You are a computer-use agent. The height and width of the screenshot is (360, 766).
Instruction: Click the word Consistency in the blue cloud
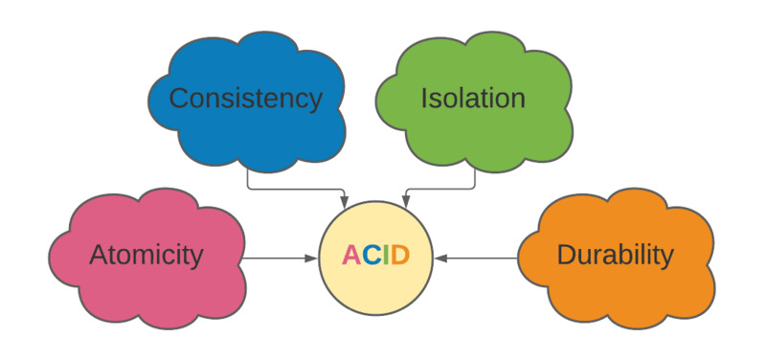(x=245, y=98)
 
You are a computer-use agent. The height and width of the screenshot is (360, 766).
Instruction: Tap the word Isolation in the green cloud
(x=473, y=98)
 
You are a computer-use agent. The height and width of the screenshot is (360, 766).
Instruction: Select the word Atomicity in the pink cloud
(x=146, y=255)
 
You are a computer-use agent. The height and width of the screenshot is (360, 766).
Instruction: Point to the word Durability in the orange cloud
(x=615, y=255)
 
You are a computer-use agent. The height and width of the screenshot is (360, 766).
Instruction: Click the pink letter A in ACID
(x=351, y=256)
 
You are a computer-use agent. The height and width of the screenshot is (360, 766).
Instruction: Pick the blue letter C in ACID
(x=371, y=256)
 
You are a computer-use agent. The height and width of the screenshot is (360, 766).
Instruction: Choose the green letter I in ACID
(x=385, y=256)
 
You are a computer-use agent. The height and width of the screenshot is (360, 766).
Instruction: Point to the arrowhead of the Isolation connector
(x=405, y=202)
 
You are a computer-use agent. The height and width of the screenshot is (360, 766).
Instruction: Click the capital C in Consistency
(x=179, y=98)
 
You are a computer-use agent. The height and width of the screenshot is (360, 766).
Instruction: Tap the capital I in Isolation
(x=424, y=98)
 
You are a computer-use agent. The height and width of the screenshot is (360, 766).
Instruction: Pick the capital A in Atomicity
(x=98, y=255)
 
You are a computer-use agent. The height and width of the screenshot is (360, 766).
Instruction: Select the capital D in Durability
(x=565, y=255)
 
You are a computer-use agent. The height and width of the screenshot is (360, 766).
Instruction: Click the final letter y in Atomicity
(x=197, y=258)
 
